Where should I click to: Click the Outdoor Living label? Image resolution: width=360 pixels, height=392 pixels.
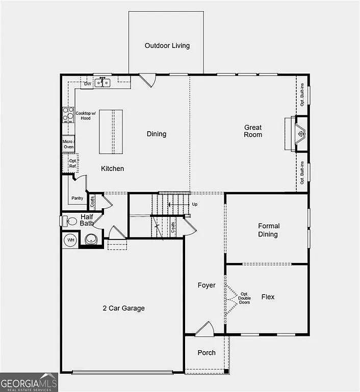(x=167, y=45)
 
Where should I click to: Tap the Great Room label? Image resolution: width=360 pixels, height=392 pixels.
(x=253, y=131)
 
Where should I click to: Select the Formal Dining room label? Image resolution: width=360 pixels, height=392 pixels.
(x=268, y=230)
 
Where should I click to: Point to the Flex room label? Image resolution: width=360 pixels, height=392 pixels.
(x=268, y=297)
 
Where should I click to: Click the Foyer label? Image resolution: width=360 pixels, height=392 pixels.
(x=207, y=285)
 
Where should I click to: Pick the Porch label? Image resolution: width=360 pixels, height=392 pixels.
(x=207, y=353)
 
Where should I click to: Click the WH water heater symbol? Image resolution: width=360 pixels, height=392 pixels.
(x=70, y=239)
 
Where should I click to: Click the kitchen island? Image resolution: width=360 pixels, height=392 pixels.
(x=111, y=132)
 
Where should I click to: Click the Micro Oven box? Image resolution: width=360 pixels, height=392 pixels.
(x=68, y=144)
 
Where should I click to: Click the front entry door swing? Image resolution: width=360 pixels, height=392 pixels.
(x=205, y=329)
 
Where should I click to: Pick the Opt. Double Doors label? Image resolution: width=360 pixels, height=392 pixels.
(x=245, y=298)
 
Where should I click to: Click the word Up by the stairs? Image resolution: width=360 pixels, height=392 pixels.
(x=194, y=204)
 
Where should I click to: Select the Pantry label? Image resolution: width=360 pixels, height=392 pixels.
(x=78, y=198)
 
